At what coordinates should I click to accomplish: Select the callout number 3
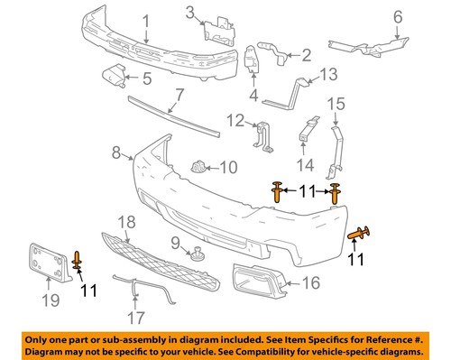190,12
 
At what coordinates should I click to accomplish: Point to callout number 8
116,154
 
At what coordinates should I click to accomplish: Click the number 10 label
228,167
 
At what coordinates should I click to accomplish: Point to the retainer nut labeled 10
200,167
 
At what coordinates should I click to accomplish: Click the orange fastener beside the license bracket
78,261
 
